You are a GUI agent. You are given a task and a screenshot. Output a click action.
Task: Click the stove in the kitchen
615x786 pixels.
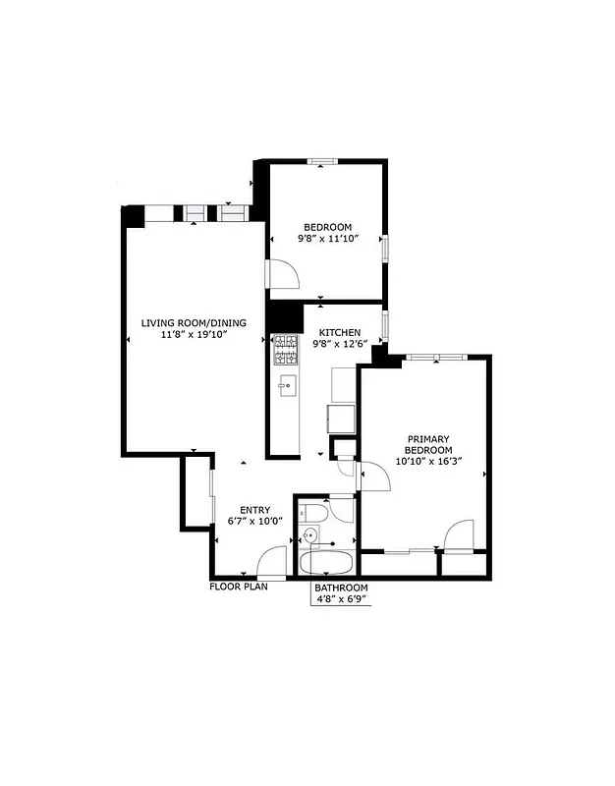click(x=285, y=348)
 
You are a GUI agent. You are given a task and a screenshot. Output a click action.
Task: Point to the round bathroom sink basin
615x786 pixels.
click(x=311, y=536)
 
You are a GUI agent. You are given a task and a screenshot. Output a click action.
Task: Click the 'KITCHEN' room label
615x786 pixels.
click(x=337, y=333)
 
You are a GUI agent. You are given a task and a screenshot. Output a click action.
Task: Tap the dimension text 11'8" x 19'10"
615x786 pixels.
click(x=194, y=335)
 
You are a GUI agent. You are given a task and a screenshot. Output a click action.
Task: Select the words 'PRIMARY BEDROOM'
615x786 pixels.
click(x=428, y=444)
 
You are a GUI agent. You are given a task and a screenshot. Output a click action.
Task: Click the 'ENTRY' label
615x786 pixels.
click(x=249, y=510)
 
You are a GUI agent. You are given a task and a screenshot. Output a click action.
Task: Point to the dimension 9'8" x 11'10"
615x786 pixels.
click(x=327, y=238)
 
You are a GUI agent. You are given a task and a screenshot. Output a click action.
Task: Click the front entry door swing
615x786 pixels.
click(x=271, y=563)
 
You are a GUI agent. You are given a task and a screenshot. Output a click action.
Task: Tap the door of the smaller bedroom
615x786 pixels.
click(x=282, y=274)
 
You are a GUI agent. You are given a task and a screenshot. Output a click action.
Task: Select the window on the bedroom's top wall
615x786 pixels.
click(x=322, y=161)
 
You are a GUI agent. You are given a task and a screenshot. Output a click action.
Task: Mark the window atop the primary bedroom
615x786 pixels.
click(x=423, y=357)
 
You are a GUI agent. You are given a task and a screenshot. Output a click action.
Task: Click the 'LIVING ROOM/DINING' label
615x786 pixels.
click(x=194, y=323)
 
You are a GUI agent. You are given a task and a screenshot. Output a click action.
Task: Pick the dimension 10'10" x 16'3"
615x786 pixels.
click(x=428, y=460)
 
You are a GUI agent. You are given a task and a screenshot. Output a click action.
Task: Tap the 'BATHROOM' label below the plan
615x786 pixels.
click(x=341, y=588)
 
